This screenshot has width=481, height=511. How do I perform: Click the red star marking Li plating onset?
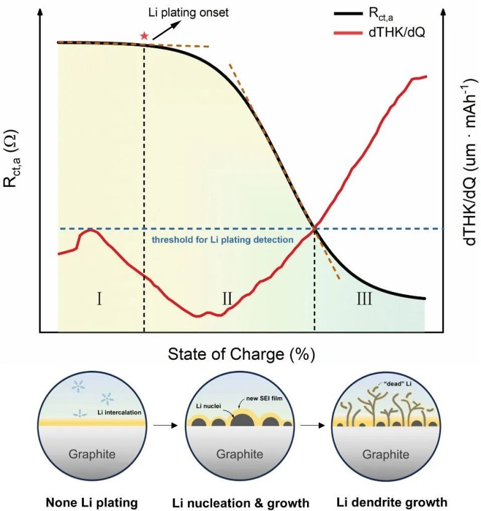[x=144, y=36]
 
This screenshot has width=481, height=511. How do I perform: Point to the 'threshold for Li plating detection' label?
[x=223, y=239]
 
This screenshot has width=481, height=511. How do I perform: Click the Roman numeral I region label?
[x=99, y=300]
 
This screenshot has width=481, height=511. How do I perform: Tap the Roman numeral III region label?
[x=364, y=300]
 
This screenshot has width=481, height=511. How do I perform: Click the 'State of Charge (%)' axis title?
[x=241, y=354]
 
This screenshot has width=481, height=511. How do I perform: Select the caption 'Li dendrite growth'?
[x=389, y=502]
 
